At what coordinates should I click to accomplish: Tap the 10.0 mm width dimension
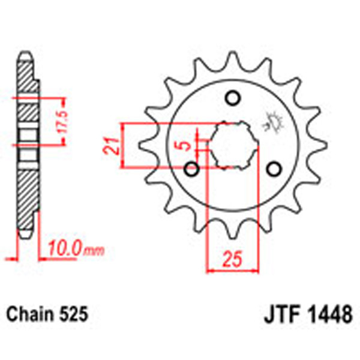(68, 248)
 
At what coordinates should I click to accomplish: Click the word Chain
(30, 314)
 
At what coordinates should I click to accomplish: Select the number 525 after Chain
(74, 314)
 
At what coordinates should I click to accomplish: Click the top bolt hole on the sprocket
(232, 98)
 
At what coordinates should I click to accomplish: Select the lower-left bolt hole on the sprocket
(193, 169)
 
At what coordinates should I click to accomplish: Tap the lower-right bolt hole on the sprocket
(273, 169)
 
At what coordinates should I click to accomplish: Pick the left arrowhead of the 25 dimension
(211, 270)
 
